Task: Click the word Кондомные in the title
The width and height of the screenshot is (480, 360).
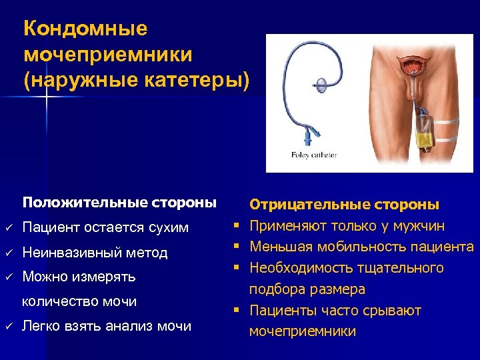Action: pyautogui.click(x=85, y=29)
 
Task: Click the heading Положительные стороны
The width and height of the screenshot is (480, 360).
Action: pyautogui.click(x=119, y=201)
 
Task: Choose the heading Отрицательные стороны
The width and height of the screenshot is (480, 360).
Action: pyautogui.click(x=344, y=204)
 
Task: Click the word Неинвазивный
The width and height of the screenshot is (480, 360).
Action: pyautogui.click(x=73, y=253)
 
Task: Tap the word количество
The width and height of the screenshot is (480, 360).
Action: pyautogui.click(x=60, y=301)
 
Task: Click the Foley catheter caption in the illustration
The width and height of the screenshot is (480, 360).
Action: pyautogui.click(x=314, y=155)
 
